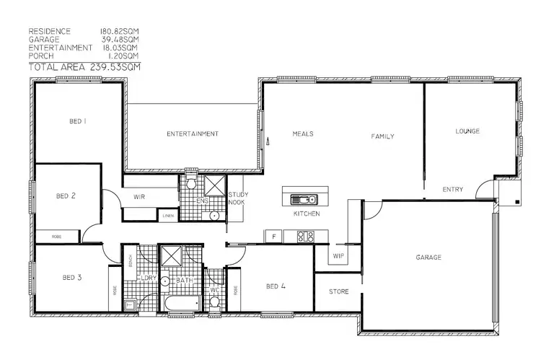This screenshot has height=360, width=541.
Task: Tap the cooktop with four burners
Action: point(305,235)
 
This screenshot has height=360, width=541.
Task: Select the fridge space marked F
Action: point(273,236)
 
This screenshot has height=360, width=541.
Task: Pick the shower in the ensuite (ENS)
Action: point(213,183)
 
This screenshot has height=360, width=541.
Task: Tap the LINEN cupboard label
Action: point(167,216)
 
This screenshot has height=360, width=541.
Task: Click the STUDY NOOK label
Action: point(238,199)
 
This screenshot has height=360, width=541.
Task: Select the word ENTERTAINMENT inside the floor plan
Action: point(193,134)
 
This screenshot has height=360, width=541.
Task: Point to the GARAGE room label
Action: point(428,258)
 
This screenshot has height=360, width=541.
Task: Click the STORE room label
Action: point(338,292)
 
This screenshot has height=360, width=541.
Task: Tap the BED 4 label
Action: point(276,286)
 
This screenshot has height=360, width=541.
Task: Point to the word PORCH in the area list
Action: point(41,56)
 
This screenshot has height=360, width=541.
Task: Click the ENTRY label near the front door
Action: point(453,190)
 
